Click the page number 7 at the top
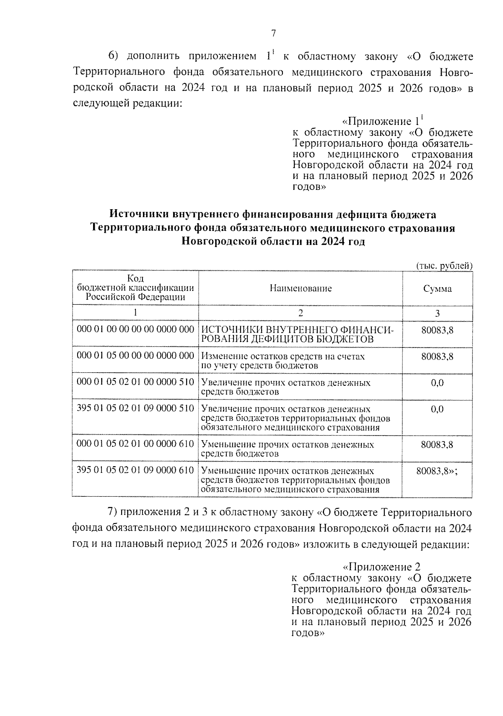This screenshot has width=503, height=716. tap(274, 34)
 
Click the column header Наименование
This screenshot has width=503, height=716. tap(301, 288)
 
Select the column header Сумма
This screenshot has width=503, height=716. tap(437, 289)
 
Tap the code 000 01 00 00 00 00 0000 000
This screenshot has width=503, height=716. tap(135, 329)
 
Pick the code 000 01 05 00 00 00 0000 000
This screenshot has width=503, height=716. tap(135, 355)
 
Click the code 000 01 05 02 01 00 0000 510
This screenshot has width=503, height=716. tap(135, 382)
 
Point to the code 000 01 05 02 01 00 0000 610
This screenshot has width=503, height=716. tap(135, 444)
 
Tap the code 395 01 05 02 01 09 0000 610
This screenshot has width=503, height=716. tap(135, 470)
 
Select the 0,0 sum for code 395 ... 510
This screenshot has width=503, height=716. tap(437, 409)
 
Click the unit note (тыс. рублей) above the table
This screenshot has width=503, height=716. tap(444, 265)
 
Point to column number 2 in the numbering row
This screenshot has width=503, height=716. tap(300, 314)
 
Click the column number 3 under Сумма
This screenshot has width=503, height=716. tap(437, 314)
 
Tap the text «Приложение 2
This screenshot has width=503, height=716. tap(381, 567)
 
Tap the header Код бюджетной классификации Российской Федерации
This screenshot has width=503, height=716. tap(135, 288)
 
